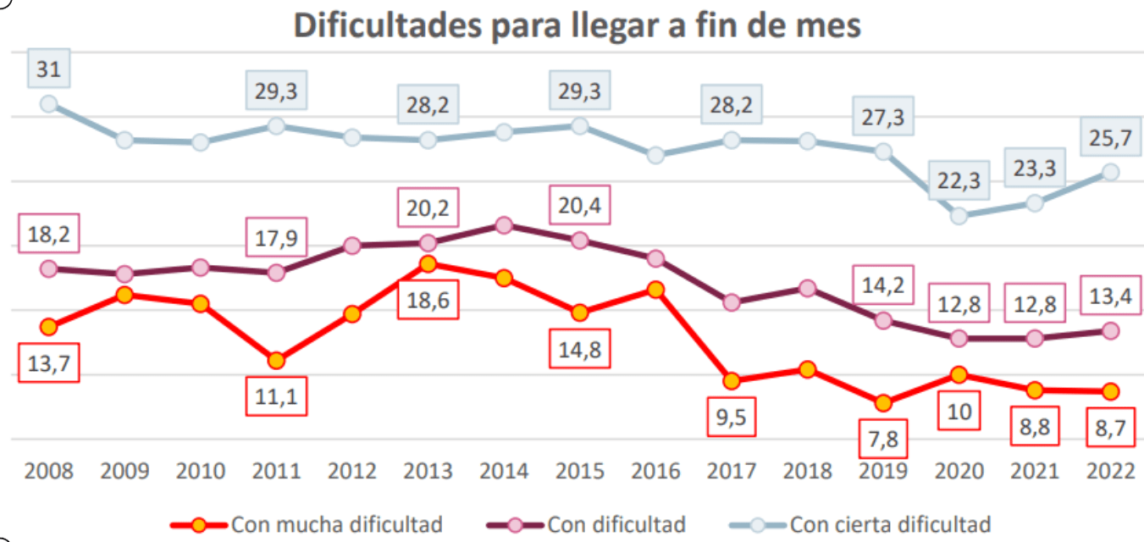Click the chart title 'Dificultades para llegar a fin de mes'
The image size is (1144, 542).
tap(578, 25)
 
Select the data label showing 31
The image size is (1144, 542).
tap(49, 69)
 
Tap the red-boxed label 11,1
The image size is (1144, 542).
tap(276, 396)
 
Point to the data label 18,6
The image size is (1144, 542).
tap(428, 300)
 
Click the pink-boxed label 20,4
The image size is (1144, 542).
tap(580, 205)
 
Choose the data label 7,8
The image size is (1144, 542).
tap(883, 439)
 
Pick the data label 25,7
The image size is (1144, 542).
tap(1111, 137)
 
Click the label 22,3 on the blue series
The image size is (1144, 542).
tap(959, 180)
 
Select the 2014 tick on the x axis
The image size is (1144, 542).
tap(504, 471)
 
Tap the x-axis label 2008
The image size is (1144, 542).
tap(49, 471)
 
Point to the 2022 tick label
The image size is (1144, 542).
tap(1111, 471)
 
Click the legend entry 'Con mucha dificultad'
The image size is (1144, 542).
tap(307, 524)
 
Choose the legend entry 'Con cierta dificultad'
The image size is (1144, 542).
tap(860, 524)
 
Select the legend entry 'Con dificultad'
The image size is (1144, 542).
tap(586, 524)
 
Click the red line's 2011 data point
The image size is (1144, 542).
tap(276, 361)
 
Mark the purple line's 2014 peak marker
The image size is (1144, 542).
tap(504, 225)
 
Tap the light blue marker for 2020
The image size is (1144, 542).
tap(959, 216)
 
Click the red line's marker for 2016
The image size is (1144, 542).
tap(655, 290)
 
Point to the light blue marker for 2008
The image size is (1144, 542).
tap(49, 104)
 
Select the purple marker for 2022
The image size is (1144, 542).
tap(1111, 331)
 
